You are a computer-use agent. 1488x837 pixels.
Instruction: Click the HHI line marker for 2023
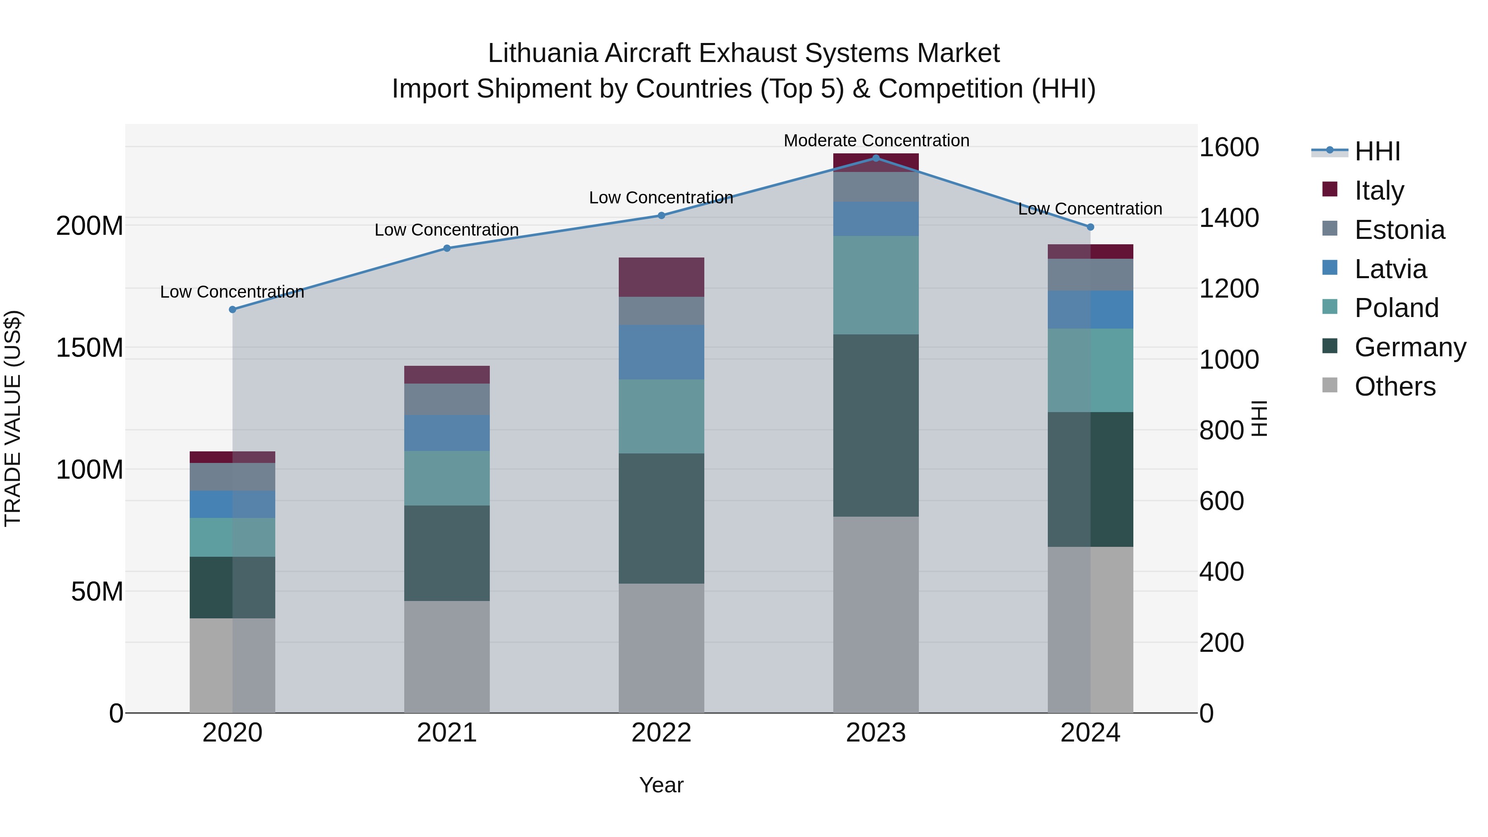(x=876, y=158)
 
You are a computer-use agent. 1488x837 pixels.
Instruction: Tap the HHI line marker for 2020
(x=232, y=310)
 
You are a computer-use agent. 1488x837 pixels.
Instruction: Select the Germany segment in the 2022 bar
(x=661, y=518)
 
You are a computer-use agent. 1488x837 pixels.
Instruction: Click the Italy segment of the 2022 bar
(x=661, y=277)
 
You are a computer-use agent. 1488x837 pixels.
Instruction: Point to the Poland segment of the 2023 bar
(x=876, y=285)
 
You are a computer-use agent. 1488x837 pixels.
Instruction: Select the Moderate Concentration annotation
(x=876, y=141)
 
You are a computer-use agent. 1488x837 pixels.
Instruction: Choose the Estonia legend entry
(x=1399, y=230)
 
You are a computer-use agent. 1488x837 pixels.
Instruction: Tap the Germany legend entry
(x=1409, y=347)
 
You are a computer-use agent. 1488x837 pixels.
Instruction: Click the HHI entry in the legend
(x=1377, y=151)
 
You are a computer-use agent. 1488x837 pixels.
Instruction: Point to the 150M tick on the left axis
(x=90, y=348)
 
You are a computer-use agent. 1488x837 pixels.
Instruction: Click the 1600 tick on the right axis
(x=1229, y=147)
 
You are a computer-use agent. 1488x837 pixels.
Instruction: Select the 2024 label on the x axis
(x=1090, y=733)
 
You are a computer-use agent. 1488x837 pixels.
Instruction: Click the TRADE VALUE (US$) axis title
(x=13, y=418)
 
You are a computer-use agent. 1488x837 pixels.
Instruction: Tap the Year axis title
(x=661, y=785)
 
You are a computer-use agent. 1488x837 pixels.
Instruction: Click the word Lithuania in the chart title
(x=542, y=53)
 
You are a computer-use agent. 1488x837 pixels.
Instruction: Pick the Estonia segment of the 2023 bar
(x=876, y=186)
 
